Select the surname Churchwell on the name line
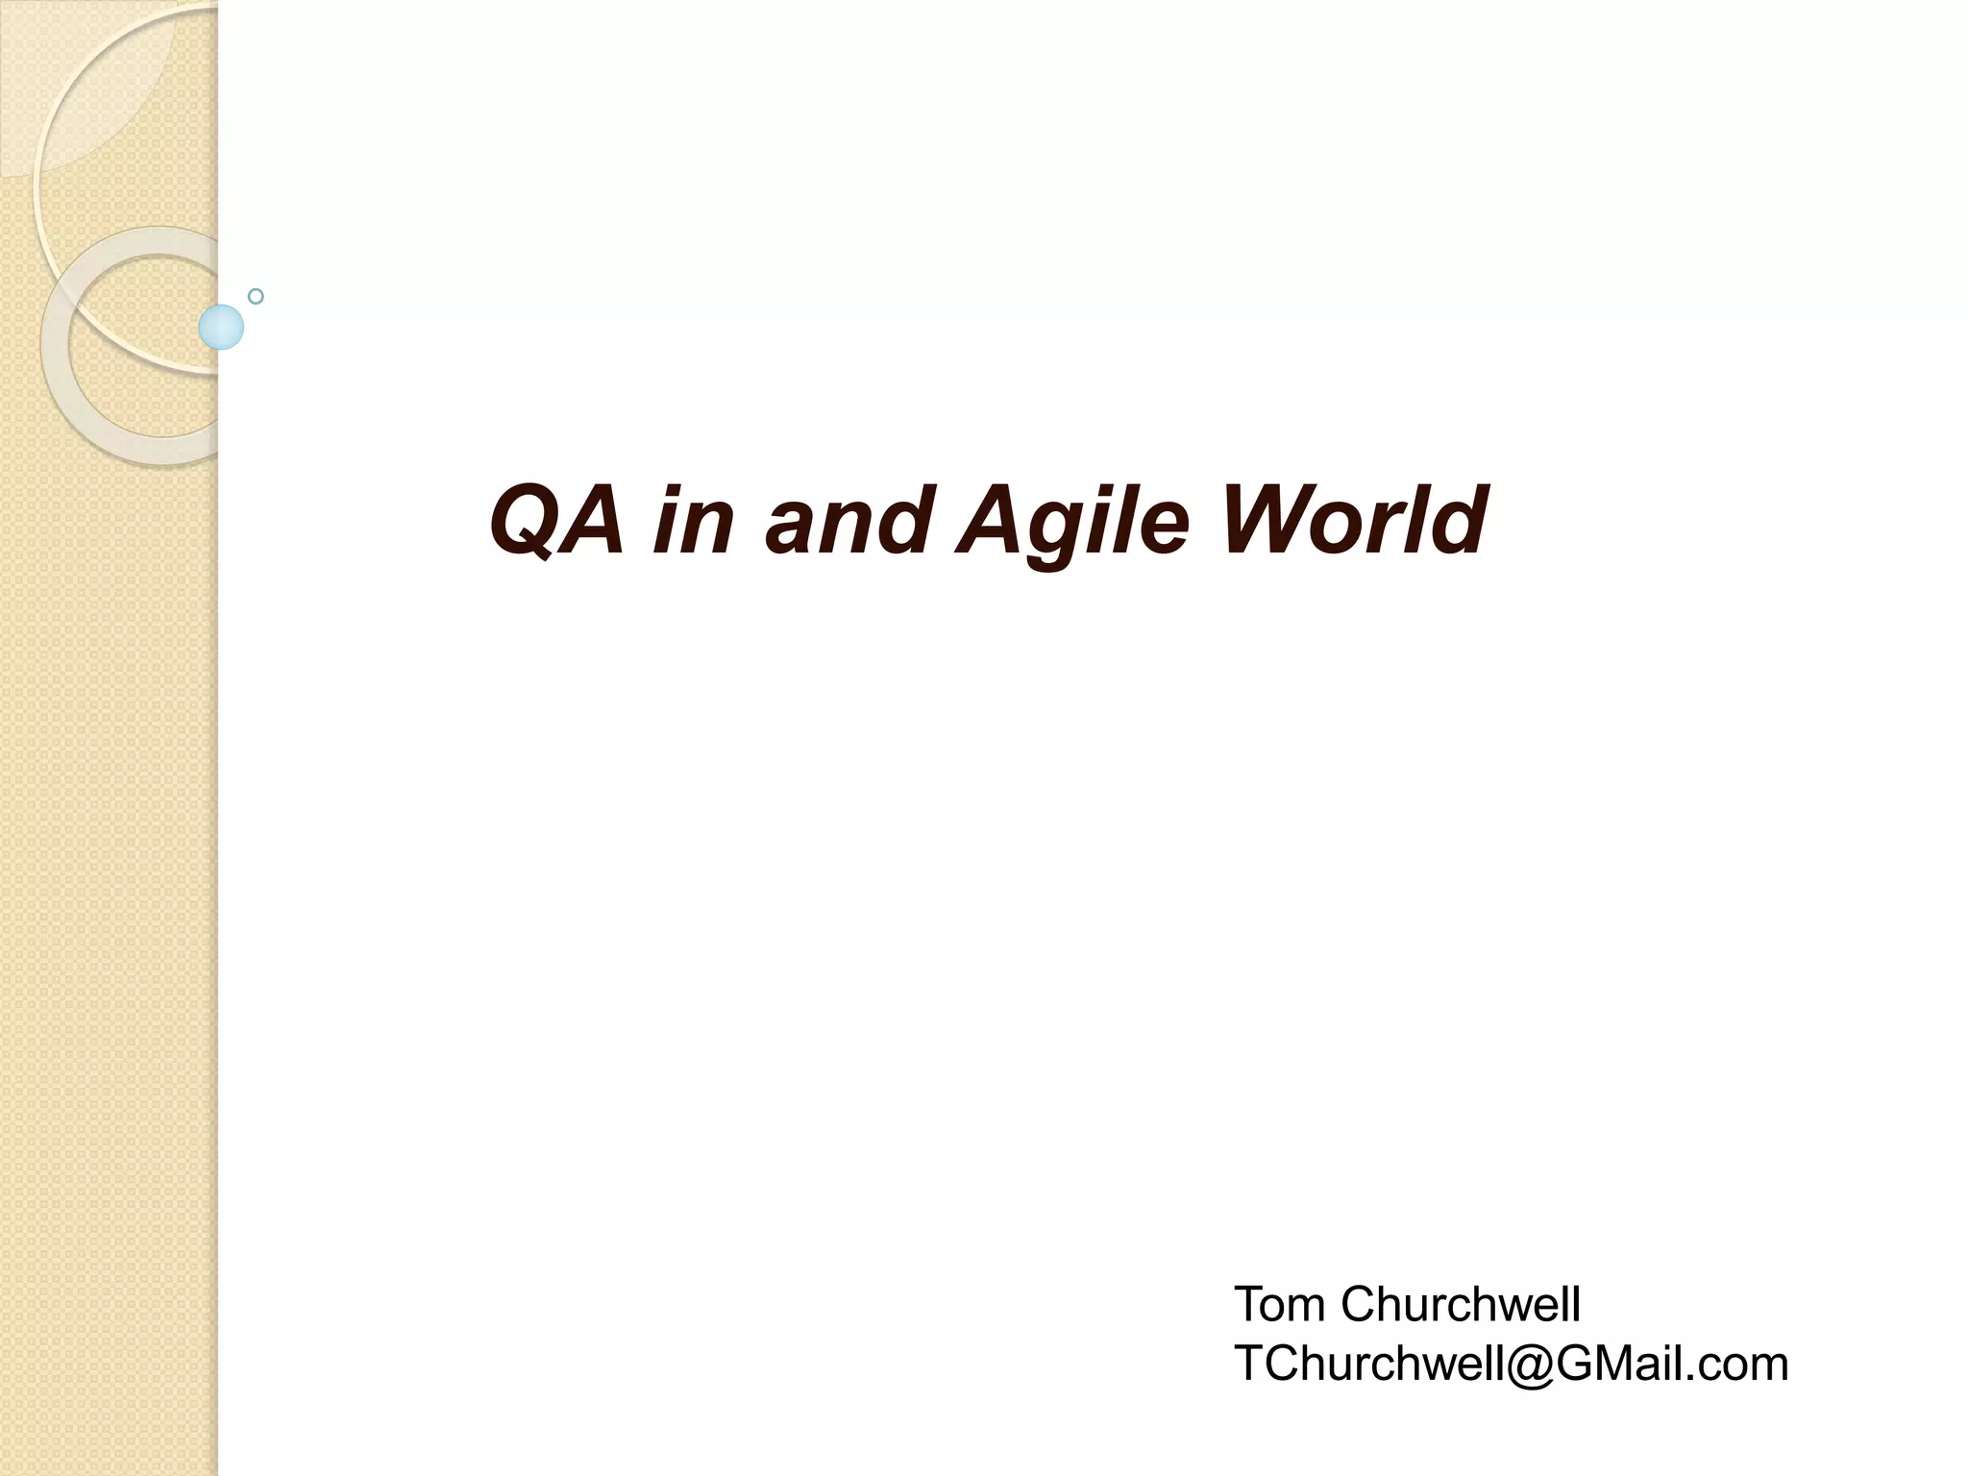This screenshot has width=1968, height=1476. tap(1461, 1305)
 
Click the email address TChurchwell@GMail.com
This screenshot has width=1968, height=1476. tap(1511, 1365)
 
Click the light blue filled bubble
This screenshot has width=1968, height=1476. tap(221, 327)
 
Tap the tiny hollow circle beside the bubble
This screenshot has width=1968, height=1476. tap(256, 296)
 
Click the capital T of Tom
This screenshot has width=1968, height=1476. tap(1250, 1305)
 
